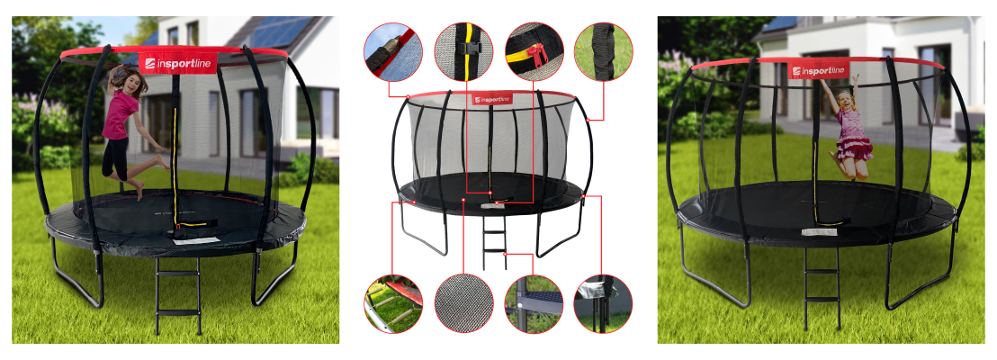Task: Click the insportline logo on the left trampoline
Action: [x=177, y=63]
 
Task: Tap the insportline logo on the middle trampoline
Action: [x=492, y=99]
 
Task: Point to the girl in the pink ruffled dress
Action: [x=847, y=127]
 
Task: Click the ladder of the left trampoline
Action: [x=179, y=296]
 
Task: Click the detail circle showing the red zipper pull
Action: [x=534, y=51]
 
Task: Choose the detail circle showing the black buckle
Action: [x=463, y=51]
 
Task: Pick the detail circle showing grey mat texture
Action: [x=463, y=303]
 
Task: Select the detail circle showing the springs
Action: [x=393, y=303]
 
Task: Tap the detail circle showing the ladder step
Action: [x=534, y=303]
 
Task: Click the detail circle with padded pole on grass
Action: [x=604, y=51]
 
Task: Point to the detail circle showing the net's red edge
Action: [x=393, y=51]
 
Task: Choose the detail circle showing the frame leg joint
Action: [x=603, y=303]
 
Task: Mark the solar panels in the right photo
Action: [x=779, y=23]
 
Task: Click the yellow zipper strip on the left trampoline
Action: [x=175, y=166]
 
